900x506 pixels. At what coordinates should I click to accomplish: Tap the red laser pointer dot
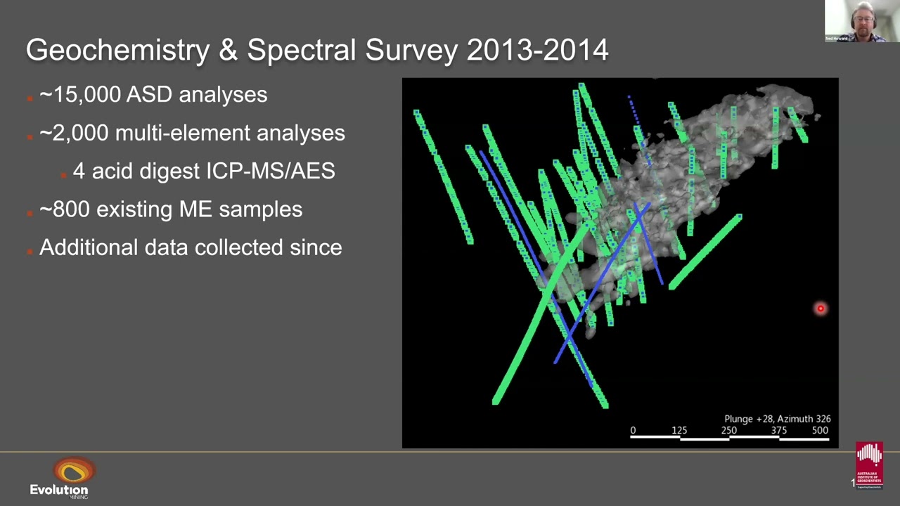pos(820,309)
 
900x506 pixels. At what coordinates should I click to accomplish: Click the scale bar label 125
pos(679,430)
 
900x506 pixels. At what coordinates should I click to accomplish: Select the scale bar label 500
pos(820,430)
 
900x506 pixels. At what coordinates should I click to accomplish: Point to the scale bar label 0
pos(633,430)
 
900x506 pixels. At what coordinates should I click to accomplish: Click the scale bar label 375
pos(778,430)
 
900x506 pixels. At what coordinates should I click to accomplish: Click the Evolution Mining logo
pos(61,478)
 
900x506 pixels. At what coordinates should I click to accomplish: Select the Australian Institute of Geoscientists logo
pos(869,465)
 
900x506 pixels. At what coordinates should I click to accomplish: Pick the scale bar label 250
pos(729,430)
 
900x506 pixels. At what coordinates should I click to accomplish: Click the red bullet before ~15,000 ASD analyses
pos(30,97)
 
